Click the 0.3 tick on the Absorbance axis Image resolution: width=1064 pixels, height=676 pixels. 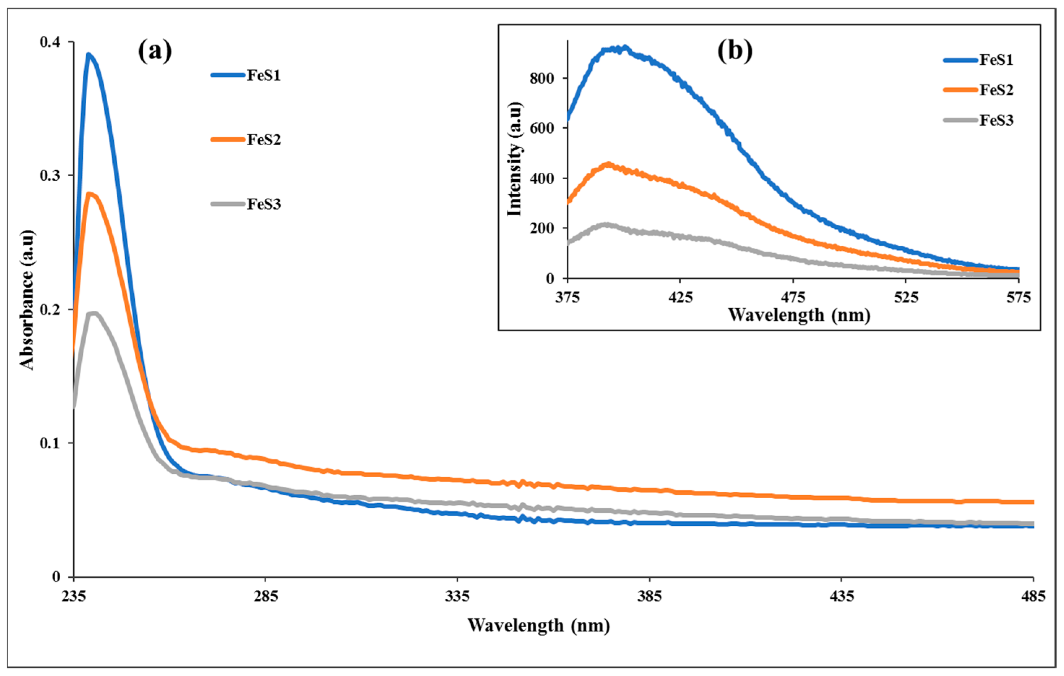[50, 176]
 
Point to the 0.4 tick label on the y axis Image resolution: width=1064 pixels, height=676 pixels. [50, 42]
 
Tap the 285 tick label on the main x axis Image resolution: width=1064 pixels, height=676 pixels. [265, 597]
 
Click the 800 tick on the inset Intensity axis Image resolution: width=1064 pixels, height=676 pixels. [542, 78]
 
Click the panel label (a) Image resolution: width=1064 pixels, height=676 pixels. [155, 51]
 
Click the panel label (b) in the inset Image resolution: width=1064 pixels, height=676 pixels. [734, 51]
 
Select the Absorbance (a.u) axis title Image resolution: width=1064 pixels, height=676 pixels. [26, 300]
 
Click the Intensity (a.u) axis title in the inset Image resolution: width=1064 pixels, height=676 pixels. [515, 159]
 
